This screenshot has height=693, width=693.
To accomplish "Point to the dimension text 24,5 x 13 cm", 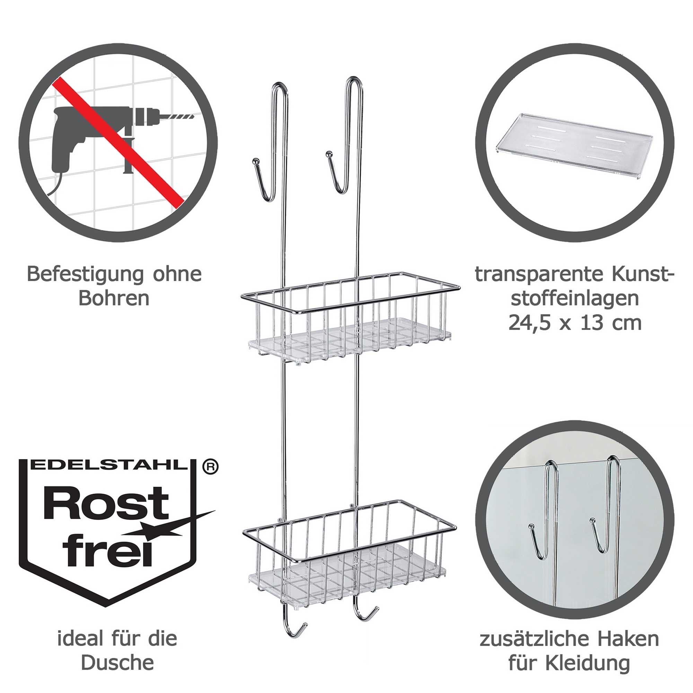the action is pos(574,323).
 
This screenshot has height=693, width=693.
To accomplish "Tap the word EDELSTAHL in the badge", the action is pos(111,465).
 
